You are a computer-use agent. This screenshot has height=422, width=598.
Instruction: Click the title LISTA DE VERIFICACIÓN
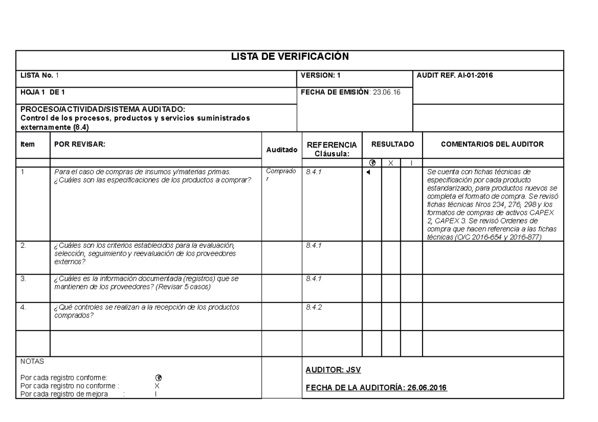[290, 56]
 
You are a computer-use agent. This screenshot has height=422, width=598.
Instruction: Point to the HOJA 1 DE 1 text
[42, 92]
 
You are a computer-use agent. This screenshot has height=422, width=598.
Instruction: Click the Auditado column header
[282, 149]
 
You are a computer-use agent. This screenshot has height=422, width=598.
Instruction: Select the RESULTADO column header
[392, 144]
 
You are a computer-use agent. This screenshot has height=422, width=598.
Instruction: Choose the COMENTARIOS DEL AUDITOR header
[492, 144]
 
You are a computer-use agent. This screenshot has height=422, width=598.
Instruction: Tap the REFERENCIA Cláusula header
[332, 148]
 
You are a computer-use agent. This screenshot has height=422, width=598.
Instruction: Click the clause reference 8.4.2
[314, 307]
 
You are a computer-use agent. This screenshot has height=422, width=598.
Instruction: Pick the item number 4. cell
[23, 307]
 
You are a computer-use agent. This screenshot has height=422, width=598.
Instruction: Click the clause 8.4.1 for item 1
[314, 172]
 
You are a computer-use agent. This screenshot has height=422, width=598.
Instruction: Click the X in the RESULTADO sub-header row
[391, 163]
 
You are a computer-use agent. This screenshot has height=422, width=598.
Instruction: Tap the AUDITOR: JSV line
[333, 370]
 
